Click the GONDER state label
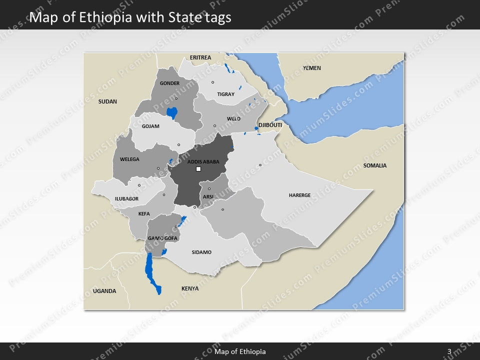(x=169, y=83)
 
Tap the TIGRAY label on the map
(x=225, y=94)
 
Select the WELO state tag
(x=233, y=119)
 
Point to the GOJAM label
(x=150, y=126)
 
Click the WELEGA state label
(x=129, y=159)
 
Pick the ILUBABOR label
(x=126, y=199)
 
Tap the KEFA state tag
(x=143, y=214)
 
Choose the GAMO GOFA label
(x=162, y=238)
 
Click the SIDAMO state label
(x=201, y=252)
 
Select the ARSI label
(x=208, y=197)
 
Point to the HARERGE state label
(x=299, y=195)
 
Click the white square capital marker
(x=198, y=169)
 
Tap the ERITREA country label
(x=200, y=57)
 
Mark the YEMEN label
(x=312, y=68)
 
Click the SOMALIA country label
(x=375, y=165)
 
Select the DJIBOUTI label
(x=270, y=124)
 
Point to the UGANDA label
(x=104, y=291)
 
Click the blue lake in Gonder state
(x=172, y=113)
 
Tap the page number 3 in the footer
(x=449, y=352)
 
